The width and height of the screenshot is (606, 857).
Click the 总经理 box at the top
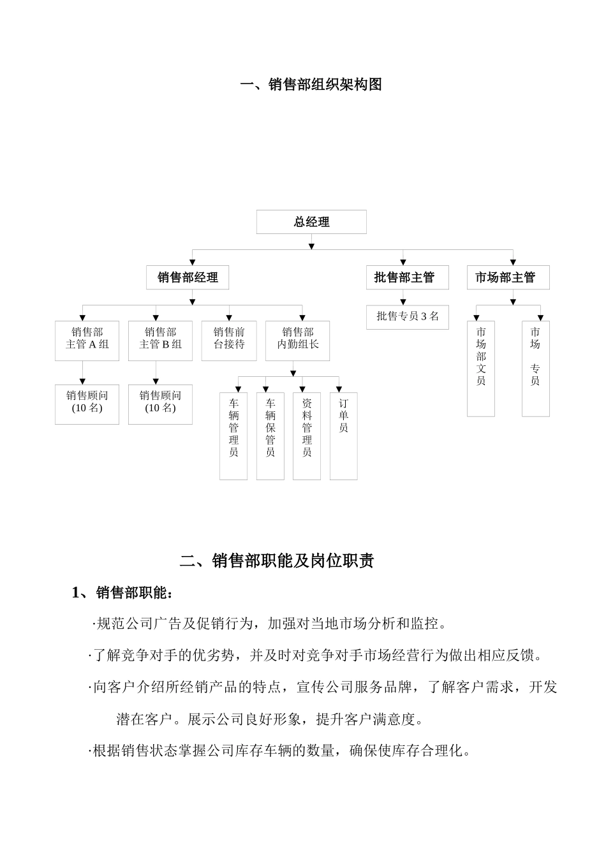(x=311, y=222)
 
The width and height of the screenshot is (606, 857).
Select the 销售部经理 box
(x=188, y=277)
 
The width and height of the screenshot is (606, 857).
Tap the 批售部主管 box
(x=404, y=277)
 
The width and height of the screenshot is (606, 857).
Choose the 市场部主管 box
(x=508, y=277)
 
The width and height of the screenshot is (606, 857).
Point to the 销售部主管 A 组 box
(x=87, y=340)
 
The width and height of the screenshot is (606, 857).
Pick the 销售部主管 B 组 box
(x=160, y=340)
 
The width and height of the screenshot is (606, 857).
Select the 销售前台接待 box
(x=229, y=340)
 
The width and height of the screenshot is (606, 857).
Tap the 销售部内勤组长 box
(x=297, y=340)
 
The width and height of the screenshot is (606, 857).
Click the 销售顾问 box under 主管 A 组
(x=87, y=404)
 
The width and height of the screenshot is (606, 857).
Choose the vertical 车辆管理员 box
(x=233, y=436)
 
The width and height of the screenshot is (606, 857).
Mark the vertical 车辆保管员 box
(x=270, y=436)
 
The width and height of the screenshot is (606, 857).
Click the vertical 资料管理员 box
(x=307, y=436)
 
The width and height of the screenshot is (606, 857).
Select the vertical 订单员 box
(x=343, y=436)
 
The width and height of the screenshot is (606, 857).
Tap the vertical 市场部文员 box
(x=481, y=368)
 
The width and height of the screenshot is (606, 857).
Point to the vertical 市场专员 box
(x=535, y=368)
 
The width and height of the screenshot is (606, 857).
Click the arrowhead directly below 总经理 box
(x=311, y=245)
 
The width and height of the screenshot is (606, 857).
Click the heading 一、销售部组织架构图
(x=311, y=84)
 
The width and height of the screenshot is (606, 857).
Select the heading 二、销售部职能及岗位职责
(x=277, y=560)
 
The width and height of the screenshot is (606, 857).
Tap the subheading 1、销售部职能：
(x=122, y=593)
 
